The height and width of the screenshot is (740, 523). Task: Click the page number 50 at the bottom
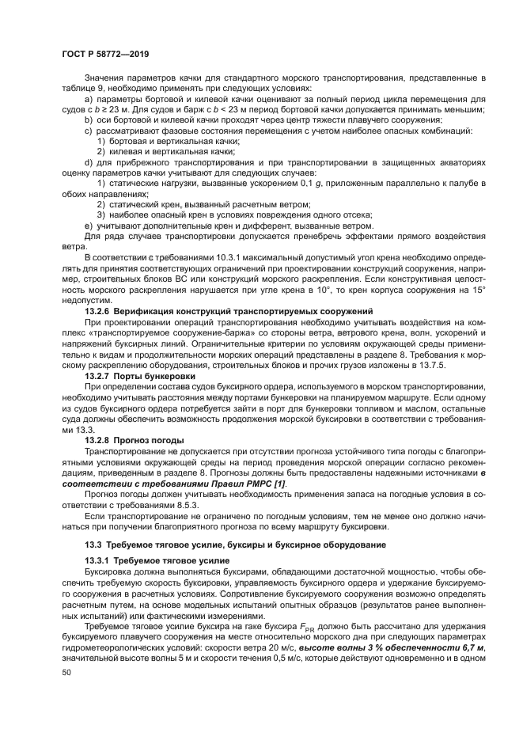pos(66,673)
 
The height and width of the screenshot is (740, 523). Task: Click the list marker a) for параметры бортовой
pos(88,98)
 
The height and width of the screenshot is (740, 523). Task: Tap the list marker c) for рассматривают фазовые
pos(88,130)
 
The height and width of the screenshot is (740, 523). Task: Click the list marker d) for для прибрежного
pos(88,161)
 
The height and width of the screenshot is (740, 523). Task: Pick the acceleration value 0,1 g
pos(311,183)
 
